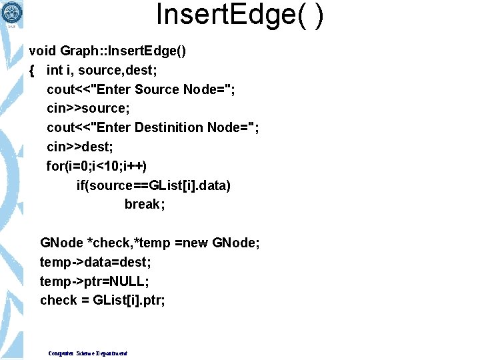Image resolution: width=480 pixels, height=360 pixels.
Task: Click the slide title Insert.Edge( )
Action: click(x=239, y=15)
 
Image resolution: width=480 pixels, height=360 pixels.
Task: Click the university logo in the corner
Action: click(x=12, y=11)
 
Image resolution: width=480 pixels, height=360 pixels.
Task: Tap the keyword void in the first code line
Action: click(x=42, y=51)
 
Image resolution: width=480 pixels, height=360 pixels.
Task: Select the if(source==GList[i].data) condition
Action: click(x=153, y=185)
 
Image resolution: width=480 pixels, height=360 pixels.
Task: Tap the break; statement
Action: click(x=144, y=204)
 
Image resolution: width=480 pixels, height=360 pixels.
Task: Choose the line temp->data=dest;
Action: click(x=95, y=262)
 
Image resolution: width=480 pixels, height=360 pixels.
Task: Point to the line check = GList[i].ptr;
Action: click(x=103, y=301)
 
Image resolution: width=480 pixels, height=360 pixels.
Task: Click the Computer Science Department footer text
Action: click(x=87, y=353)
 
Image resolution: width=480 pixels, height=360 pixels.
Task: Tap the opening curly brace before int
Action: click(x=32, y=70)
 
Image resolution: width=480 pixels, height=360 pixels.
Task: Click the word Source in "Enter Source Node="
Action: click(x=157, y=89)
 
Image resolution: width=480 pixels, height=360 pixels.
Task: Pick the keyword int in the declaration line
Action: click(x=55, y=70)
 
